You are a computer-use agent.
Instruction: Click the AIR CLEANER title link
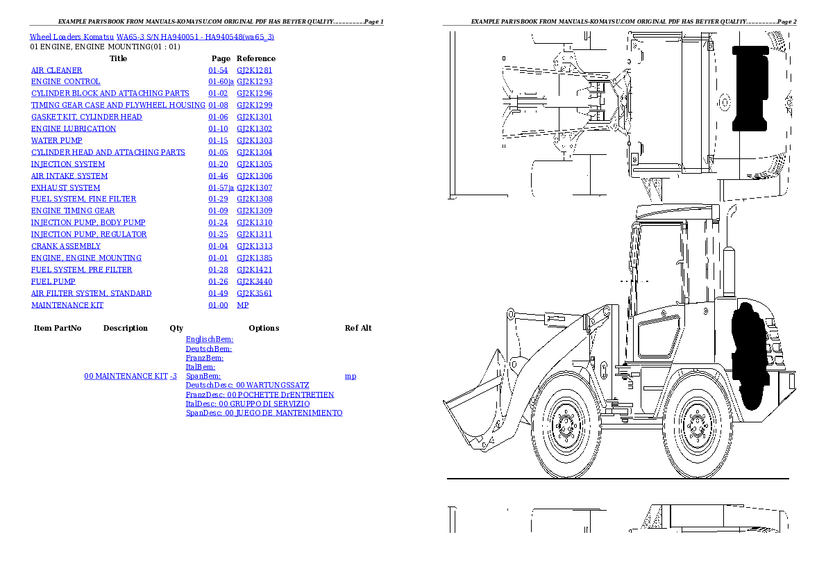click(57, 70)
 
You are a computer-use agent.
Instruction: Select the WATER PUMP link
click(57, 140)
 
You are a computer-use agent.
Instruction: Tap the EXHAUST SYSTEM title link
click(65, 188)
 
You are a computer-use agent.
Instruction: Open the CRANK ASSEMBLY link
click(66, 246)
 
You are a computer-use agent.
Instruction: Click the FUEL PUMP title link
click(53, 281)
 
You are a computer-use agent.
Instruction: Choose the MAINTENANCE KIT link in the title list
click(67, 305)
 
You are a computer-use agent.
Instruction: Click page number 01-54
click(218, 70)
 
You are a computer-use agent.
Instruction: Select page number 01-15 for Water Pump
click(218, 140)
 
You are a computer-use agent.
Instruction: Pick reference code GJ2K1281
click(255, 70)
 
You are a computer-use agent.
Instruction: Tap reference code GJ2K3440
click(255, 281)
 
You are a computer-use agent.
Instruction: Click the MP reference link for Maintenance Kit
click(243, 305)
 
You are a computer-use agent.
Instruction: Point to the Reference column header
click(256, 58)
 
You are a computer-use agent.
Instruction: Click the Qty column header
click(176, 328)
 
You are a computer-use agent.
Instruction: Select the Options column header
click(264, 328)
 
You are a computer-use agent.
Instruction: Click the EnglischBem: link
click(210, 340)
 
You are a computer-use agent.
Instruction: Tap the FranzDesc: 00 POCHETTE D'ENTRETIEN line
click(260, 395)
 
